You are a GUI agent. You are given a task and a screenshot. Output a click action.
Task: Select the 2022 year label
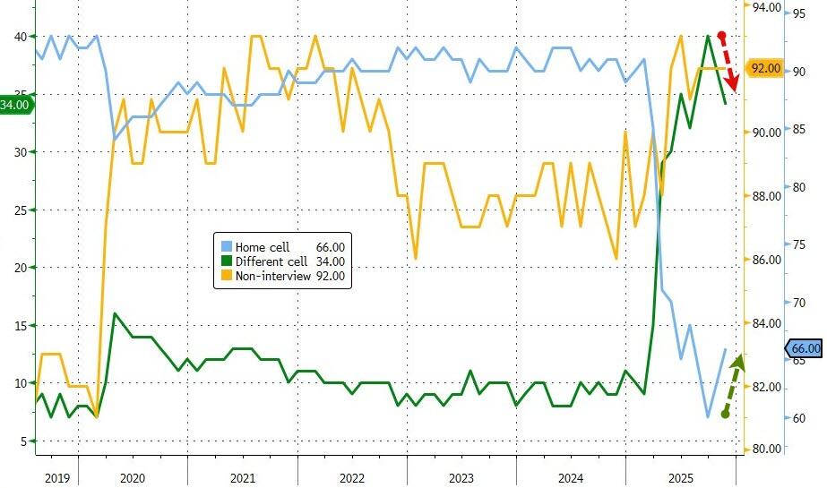coord(352,479)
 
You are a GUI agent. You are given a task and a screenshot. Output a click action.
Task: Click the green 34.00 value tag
coord(15,105)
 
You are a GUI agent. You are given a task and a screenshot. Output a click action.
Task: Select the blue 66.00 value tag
coord(804,348)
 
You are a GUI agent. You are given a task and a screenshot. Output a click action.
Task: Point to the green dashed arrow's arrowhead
coord(739,361)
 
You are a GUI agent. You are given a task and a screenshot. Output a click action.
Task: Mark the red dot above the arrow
coord(722,35)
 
